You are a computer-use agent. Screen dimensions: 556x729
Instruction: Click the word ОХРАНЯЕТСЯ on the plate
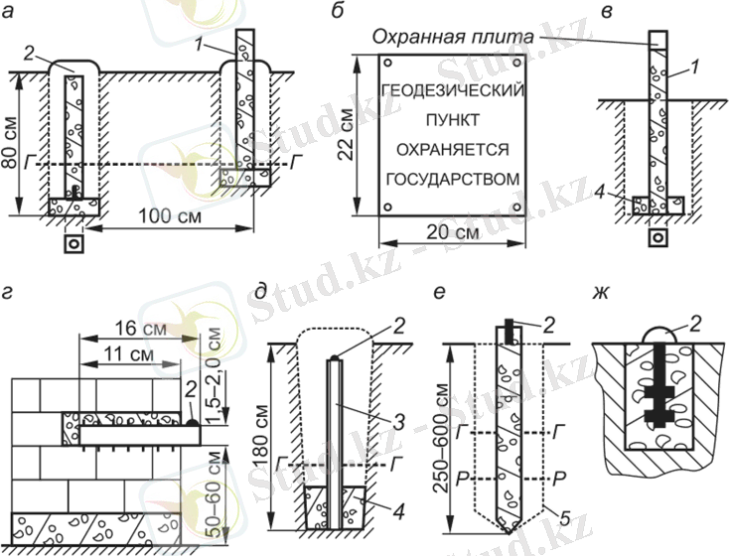pos(453,150)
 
